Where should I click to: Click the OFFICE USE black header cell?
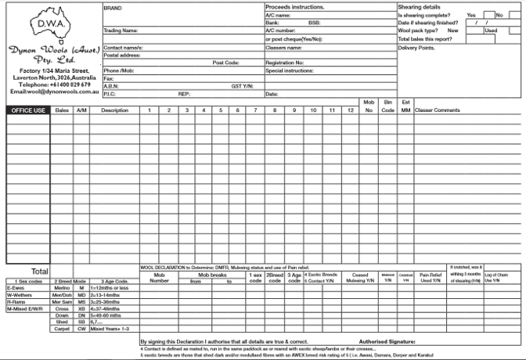pos(28,110)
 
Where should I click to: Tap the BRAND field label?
pos(113,7)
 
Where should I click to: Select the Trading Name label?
pos(121,31)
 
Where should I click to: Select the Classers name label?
pos(284,47)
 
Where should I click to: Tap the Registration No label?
pos(285,63)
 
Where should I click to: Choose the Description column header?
pos(114,110)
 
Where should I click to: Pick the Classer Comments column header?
pos(438,110)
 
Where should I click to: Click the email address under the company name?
pos(52,92)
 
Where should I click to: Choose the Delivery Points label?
pos(417,47)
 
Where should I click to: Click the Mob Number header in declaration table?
pos(160,277)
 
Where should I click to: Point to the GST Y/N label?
pos(242,86)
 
